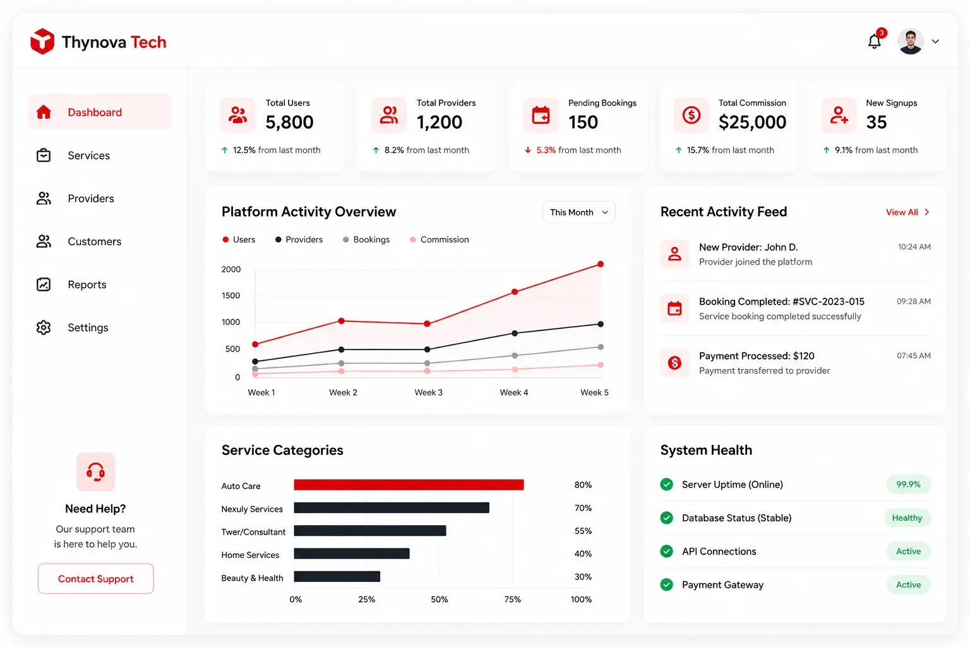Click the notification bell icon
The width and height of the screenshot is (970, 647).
pos(874,42)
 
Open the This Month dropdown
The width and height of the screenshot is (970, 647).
pos(578,212)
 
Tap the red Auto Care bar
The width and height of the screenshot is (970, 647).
pos(409,485)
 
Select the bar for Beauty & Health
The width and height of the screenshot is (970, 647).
pos(337,576)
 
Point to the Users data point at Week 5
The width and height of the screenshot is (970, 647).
pos(600,264)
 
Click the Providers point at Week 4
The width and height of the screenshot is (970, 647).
pos(515,333)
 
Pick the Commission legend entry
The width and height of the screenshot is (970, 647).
pos(439,239)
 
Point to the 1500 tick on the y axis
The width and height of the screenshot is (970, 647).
pos(231,296)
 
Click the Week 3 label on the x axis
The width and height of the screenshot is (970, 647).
pos(428,392)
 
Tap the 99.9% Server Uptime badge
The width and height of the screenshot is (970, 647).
pos(908,485)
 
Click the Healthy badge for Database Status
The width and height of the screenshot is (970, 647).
pos(907,518)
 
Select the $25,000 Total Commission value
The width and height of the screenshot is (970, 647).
pos(752,122)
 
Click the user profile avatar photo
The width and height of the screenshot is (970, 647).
pos(910,42)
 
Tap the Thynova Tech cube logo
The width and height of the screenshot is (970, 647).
pos(42,42)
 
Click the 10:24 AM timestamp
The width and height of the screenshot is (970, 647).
pos(914,247)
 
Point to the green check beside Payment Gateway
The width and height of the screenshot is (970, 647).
pos(666,584)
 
